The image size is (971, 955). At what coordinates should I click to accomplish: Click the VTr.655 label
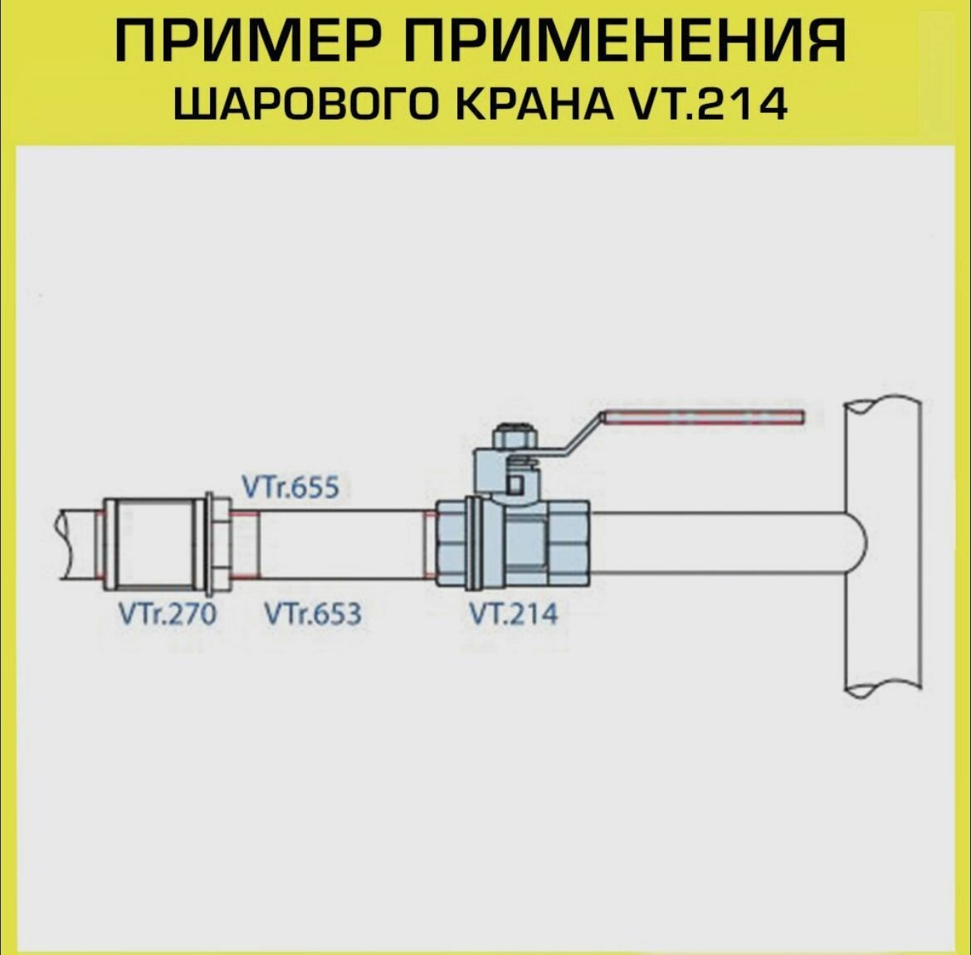pyautogui.click(x=290, y=487)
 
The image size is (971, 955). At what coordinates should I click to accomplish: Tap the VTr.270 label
pyautogui.click(x=167, y=615)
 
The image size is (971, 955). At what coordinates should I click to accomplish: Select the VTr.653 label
pyautogui.click(x=313, y=615)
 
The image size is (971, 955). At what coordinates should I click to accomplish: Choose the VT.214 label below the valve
pyautogui.click(x=514, y=615)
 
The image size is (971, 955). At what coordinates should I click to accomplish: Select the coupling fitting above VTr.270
pyautogui.click(x=154, y=543)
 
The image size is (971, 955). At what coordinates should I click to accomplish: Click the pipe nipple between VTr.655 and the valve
pyautogui.click(x=340, y=544)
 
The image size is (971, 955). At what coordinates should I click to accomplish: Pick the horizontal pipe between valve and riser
pyautogui.click(x=714, y=544)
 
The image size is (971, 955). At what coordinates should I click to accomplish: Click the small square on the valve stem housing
pyautogui.click(x=515, y=484)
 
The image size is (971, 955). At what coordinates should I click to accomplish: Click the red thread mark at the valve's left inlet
pyautogui.click(x=429, y=544)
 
